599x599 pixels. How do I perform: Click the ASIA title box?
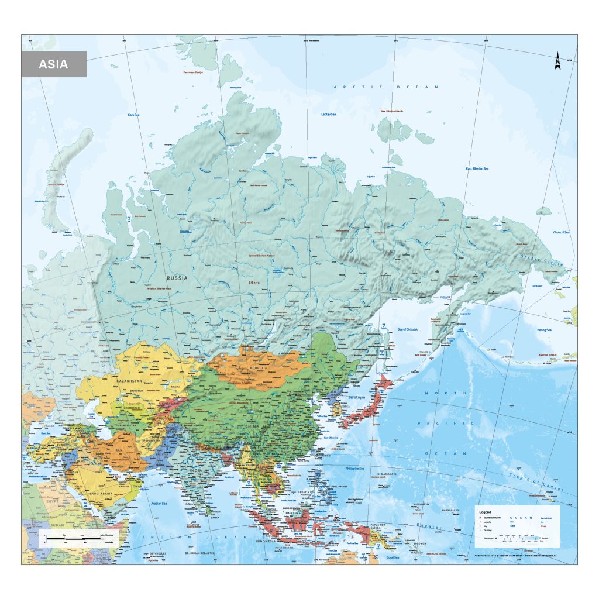click(54, 64)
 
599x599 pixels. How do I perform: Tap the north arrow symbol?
click(557, 61)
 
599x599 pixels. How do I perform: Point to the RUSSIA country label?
click(177, 278)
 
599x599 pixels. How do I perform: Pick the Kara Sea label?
click(133, 115)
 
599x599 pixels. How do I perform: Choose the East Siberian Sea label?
click(477, 169)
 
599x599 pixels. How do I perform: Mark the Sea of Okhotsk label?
click(408, 329)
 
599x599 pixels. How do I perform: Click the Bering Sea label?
click(545, 331)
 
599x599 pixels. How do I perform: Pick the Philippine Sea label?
click(354, 469)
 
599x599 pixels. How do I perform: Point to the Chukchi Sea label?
click(562, 232)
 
